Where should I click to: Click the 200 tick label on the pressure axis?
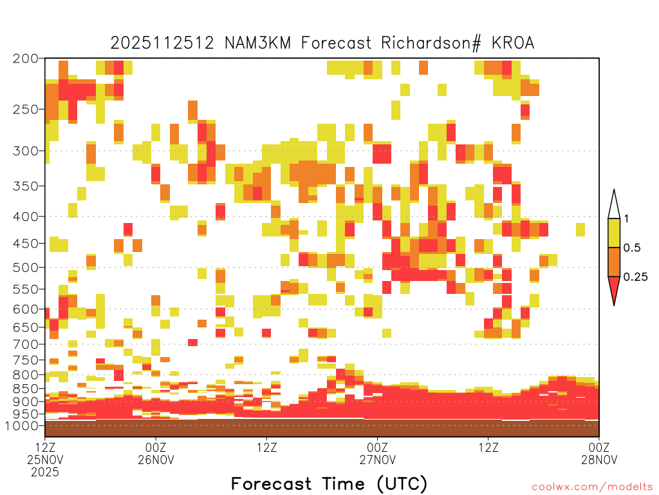pyautogui.click(x=26, y=59)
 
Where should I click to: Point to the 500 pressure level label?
pyautogui.click(x=26, y=267)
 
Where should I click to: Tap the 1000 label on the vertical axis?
pyautogui.click(x=21, y=426)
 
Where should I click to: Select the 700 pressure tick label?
pyautogui.click(x=26, y=345)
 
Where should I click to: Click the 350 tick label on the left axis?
pyautogui.click(x=26, y=186)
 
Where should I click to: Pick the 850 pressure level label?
pyautogui.click(x=26, y=389)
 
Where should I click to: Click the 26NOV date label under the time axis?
pyautogui.click(x=156, y=460)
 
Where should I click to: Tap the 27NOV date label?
pyautogui.click(x=377, y=460)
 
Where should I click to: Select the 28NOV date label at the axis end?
pyautogui.click(x=599, y=460)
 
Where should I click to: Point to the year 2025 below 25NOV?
pyautogui.click(x=45, y=472)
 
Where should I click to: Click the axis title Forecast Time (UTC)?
pyautogui.click(x=329, y=483)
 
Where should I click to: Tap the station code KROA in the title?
pyautogui.click(x=513, y=43)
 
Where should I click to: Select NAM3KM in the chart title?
pyautogui.click(x=257, y=43)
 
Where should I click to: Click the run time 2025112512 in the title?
pyautogui.click(x=162, y=43)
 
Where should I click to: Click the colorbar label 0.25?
pyautogui.click(x=635, y=277)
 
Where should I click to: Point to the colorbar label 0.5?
pyautogui.click(x=632, y=247)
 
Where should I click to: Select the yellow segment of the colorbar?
pyautogui.click(x=614, y=233)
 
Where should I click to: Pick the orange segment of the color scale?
pyautogui.click(x=614, y=262)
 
